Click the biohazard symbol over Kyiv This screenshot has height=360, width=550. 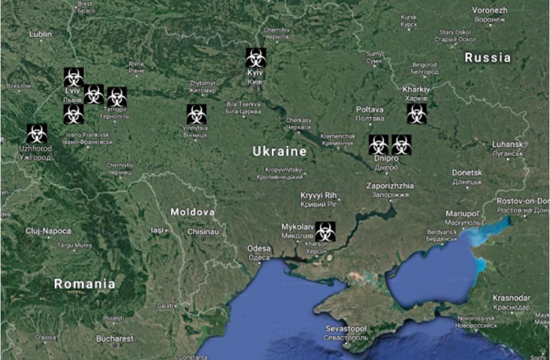tap(256, 58)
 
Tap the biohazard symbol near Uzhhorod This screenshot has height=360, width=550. tap(37, 134)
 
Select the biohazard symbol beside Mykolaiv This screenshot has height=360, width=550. tap(325, 231)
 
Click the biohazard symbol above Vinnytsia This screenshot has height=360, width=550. tap(196, 114)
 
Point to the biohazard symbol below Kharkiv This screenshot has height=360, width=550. tap(416, 114)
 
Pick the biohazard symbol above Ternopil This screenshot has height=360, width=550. tap(117, 97)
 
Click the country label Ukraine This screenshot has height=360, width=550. tap(280, 152)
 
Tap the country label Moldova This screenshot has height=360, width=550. tap(193, 213)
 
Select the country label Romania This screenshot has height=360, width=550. tap(85, 283)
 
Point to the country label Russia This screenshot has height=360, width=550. tap(487, 58)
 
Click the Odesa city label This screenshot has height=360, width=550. tap(258, 249)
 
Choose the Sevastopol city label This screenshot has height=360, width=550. tap(346, 329)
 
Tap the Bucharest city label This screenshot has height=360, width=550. tap(115, 338)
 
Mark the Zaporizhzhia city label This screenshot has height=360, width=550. tap(390, 186)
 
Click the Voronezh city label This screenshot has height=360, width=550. tap(489, 10)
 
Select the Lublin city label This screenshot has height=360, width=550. tap(41, 34)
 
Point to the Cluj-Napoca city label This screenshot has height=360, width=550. tap(49, 231)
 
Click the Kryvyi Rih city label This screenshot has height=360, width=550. tap(320, 195)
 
